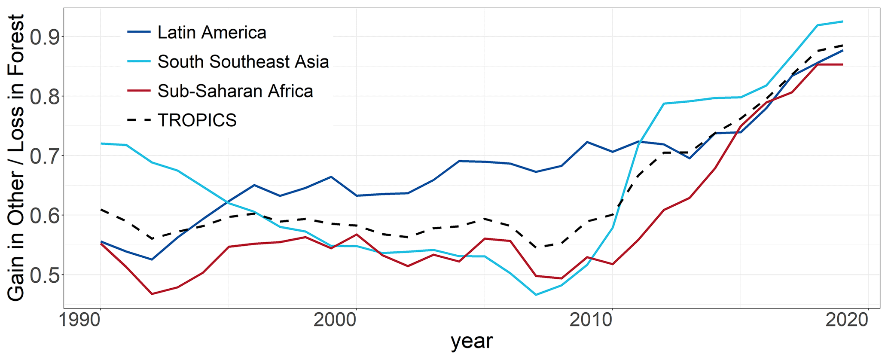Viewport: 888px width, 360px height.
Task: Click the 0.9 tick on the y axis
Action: (44, 37)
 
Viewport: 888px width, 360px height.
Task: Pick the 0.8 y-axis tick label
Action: (44, 96)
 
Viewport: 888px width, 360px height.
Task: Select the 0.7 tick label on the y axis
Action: (44, 156)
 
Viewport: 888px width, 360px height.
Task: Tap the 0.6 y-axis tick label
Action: (44, 215)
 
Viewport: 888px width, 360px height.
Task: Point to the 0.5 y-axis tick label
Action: (44, 275)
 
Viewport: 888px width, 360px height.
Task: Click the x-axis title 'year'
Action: (471, 342)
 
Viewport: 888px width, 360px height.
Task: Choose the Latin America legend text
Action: (212, 33)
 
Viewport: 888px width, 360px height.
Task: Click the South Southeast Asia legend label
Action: (243, 62)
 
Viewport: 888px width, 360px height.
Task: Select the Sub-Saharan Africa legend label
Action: (235, 91)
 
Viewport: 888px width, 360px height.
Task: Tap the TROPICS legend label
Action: (197, 120)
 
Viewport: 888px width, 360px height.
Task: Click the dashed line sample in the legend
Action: (139, 120)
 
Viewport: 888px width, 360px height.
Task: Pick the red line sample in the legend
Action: (139, 91)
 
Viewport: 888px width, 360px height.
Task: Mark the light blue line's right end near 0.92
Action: (842, 21)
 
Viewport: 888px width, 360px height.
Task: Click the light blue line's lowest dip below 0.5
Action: (536, 295)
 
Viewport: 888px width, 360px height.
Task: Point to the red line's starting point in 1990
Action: (101, 244)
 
